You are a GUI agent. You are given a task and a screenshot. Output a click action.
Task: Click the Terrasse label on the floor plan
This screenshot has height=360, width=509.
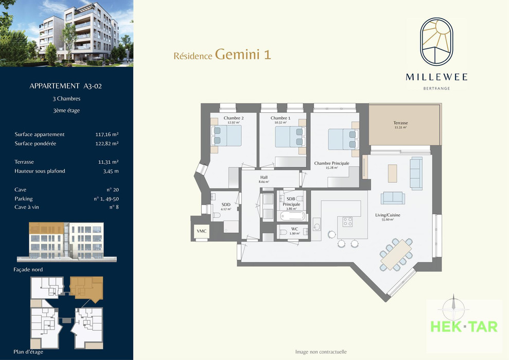point(400,123)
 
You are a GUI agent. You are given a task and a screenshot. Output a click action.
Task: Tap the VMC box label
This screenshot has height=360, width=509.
point(202,231)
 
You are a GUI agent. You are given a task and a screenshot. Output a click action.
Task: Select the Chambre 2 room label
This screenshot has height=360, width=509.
point(234,118)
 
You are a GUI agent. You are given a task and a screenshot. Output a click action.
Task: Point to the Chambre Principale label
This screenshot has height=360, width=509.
point(332,163)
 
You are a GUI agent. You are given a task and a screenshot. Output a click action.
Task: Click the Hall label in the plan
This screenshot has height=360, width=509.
point(264,177)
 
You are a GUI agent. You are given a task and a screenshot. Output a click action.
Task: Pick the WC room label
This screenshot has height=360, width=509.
point(294,229)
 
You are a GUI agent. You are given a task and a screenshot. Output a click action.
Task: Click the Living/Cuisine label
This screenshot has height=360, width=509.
point(388,215)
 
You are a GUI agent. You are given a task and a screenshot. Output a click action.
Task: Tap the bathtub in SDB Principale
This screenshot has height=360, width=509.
point(292,216)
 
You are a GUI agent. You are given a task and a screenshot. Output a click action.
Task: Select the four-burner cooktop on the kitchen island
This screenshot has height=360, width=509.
point(348,221)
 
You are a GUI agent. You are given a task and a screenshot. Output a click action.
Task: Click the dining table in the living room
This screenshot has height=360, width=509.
point(396,255)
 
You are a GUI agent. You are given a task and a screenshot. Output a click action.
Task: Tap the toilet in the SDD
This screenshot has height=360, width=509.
point(217,215)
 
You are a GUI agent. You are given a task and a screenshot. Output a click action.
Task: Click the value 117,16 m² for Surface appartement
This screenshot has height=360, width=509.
point(107,134)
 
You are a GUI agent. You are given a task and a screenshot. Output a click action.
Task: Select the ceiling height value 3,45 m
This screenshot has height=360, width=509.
point(111,171)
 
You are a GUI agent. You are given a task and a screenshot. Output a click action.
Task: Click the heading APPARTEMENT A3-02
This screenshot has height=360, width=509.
point(65,86)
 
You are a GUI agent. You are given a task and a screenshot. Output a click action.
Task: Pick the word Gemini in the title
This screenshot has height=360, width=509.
point(238,54)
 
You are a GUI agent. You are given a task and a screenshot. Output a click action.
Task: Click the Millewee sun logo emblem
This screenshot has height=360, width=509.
point(436,41)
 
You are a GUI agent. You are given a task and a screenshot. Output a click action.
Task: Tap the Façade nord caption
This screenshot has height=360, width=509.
point(28,269)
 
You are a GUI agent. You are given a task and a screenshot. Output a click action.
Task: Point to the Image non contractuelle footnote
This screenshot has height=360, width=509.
point(321,352)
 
